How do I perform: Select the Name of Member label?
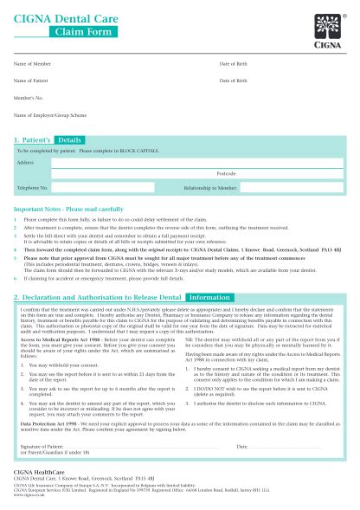pyautogui.click(x=32, y=65)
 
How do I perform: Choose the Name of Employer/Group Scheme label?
pyautogui.click(x=50, y=114)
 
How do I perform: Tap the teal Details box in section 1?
pyautogui.click(x=70, y=139)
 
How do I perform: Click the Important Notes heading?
pyautogui.click(x=61, y=210)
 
